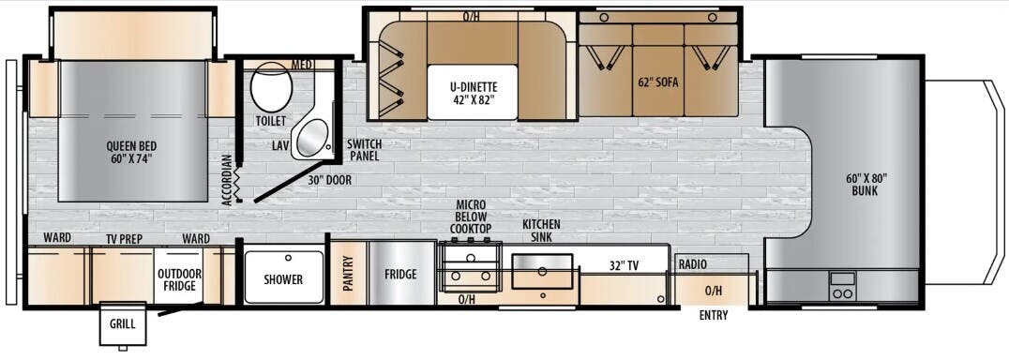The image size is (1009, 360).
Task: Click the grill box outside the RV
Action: click(123, 323)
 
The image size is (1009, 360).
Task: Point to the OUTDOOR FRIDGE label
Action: click(178, 279)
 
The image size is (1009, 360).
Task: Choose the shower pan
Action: click(283, 278)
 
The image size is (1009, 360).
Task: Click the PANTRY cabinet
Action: click(347, 275)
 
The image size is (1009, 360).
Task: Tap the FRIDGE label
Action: click(400, 275)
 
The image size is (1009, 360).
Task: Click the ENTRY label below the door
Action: click(714, 315)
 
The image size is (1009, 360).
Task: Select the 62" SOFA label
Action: click(656, 82)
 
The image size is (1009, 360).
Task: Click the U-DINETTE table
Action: click(472, 92)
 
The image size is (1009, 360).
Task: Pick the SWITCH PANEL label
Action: click(363, 150)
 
